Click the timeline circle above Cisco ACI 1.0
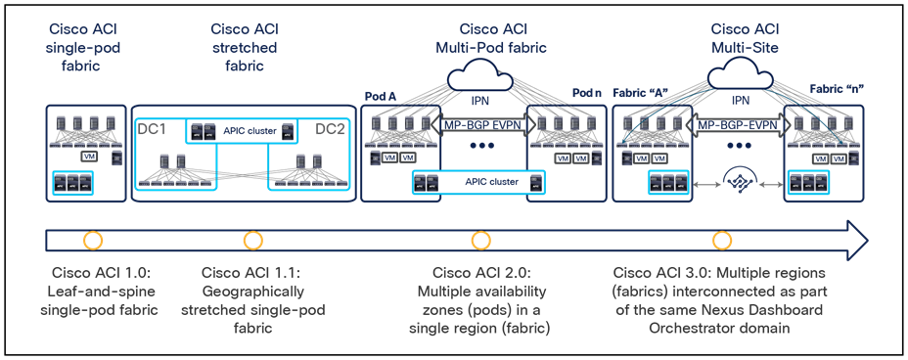point(94,240)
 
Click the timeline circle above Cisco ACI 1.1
point(252,240)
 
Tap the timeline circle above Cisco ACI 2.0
point(479,240)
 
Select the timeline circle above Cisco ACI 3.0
point(722,240)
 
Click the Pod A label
point(381,96)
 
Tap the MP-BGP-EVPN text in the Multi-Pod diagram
point(479,125)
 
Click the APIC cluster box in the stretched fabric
point(243,130)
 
